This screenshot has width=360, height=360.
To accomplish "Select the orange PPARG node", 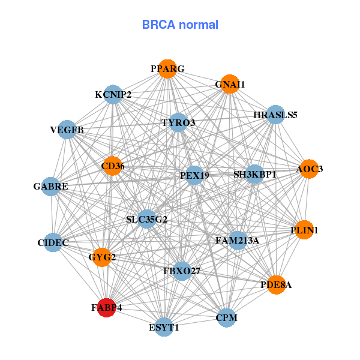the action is point(167,69).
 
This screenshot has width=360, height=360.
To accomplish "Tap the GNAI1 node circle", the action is point(230,85).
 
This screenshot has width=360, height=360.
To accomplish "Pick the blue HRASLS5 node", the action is point(275,115).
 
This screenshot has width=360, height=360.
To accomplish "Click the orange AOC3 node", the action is point(309,169).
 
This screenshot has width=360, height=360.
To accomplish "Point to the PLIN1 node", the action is point(304,230).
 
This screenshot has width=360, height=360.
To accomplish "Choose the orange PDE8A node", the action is point(275,285).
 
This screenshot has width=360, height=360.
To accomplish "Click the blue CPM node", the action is point(226,317).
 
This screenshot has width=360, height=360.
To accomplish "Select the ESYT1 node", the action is point(164,327).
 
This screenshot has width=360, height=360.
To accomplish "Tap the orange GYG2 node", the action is point(102,257).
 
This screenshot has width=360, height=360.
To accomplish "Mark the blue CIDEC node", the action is point(53,242).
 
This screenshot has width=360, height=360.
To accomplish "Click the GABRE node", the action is point(51,187).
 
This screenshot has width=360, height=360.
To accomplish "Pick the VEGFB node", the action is point(67,130).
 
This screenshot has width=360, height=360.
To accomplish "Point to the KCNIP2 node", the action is point(113,94).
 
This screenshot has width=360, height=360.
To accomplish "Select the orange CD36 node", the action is point(112,166).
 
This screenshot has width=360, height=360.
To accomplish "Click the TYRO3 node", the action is point(178,123).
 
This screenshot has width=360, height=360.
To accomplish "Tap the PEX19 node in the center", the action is point(194,176).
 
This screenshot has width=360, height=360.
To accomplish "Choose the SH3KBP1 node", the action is point(255,175).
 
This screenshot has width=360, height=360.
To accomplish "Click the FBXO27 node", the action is point(182,271).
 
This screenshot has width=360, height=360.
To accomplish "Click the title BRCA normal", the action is point(180,25).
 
